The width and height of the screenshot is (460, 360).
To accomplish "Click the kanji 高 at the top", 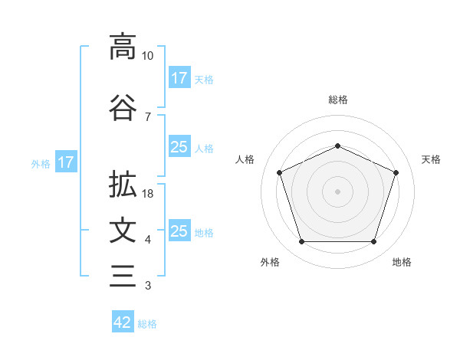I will click(x=123, y=47).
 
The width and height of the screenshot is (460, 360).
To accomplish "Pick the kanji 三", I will click(x=123, y=276).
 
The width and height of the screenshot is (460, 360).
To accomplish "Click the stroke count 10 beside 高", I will click(x=148, y=56).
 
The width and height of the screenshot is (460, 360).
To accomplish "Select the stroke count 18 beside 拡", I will click(x=148, y=194).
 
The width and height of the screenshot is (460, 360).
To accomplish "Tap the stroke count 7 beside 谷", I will click(x=148, y=116).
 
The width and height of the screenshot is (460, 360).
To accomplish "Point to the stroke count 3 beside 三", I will click(x=148, y=286).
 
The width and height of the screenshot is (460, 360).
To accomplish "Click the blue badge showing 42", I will click(x=123, y=322).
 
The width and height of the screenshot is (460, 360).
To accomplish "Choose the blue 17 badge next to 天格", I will click(x=179, y=78).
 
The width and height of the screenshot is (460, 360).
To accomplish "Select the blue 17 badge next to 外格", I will click(x=65, y=162).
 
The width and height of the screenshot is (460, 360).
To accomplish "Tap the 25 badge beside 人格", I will click(x=179, y=148).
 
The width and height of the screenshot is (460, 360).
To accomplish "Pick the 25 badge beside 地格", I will click(x=179, y=231).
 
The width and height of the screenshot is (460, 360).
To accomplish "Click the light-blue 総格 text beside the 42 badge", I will click(x=147, y=324).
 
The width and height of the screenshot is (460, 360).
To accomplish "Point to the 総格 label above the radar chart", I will click(x=337, y=100).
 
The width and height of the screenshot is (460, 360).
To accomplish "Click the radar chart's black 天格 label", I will click(x=431, y=159).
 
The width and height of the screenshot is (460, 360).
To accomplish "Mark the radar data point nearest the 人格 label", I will click(x=279, y=172).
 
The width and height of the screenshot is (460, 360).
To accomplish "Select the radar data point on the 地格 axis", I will click(x=373, y=242).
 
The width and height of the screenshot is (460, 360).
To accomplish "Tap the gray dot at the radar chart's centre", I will click(x=337, y=191).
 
